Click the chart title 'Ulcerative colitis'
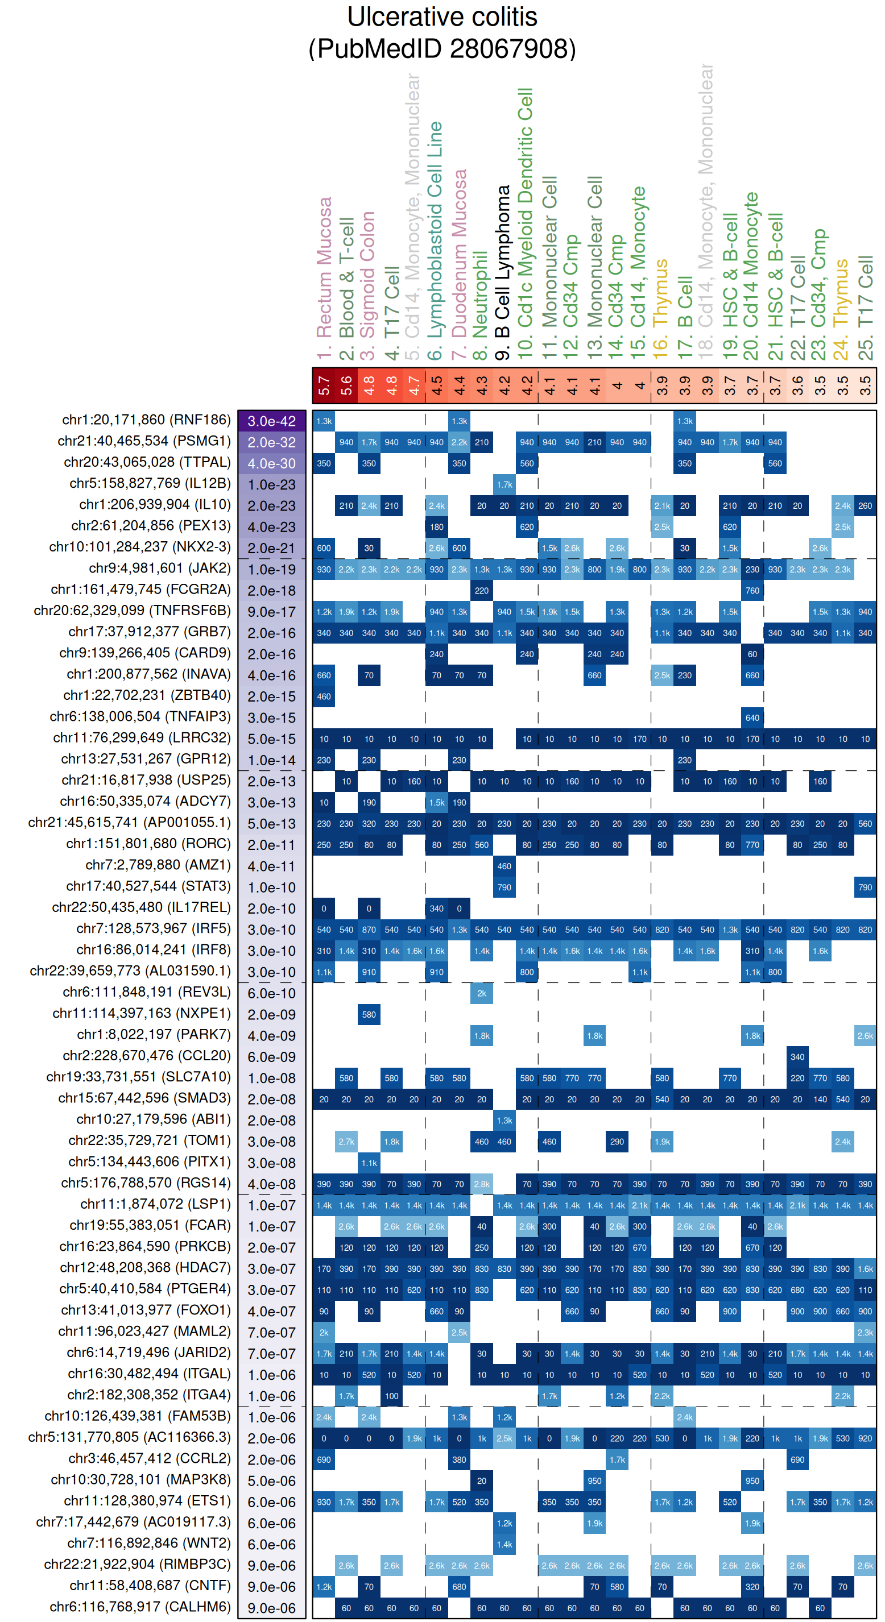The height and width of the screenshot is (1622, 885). [442, 17]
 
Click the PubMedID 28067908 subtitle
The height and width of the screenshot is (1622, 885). [442, 49]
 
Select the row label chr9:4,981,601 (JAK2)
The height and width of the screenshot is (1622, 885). [159, 568]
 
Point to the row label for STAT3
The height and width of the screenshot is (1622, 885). [148, 886]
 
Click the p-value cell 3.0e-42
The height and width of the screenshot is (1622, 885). [271, 421]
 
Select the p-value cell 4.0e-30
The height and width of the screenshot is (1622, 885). [271, 463]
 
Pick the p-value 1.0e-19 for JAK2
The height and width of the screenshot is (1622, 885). [271, 569]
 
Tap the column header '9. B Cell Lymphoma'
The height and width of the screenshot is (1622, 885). [503, 272]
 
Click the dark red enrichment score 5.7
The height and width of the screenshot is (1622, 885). [324, 385]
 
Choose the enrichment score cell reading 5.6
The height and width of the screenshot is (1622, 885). [346, 385]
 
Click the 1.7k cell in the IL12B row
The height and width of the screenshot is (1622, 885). [504, 484]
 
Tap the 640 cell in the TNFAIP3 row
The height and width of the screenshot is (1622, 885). [752, 717]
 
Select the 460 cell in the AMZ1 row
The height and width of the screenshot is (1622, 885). [504, 866]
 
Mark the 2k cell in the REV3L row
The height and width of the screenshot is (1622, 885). [482, 993]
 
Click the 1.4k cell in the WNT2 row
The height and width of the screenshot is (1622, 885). [504, 1544]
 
